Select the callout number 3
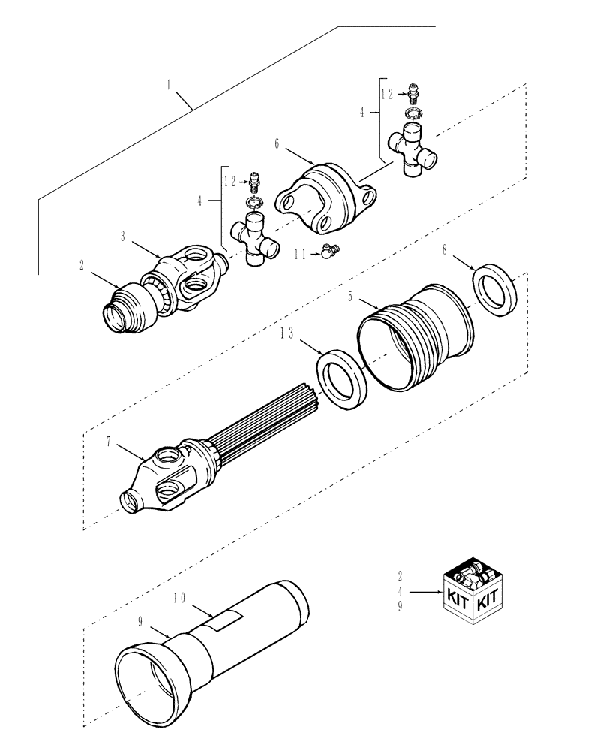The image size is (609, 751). [124, 237]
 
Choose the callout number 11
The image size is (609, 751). [301, 255]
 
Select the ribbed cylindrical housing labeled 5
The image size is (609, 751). [416, 334]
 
